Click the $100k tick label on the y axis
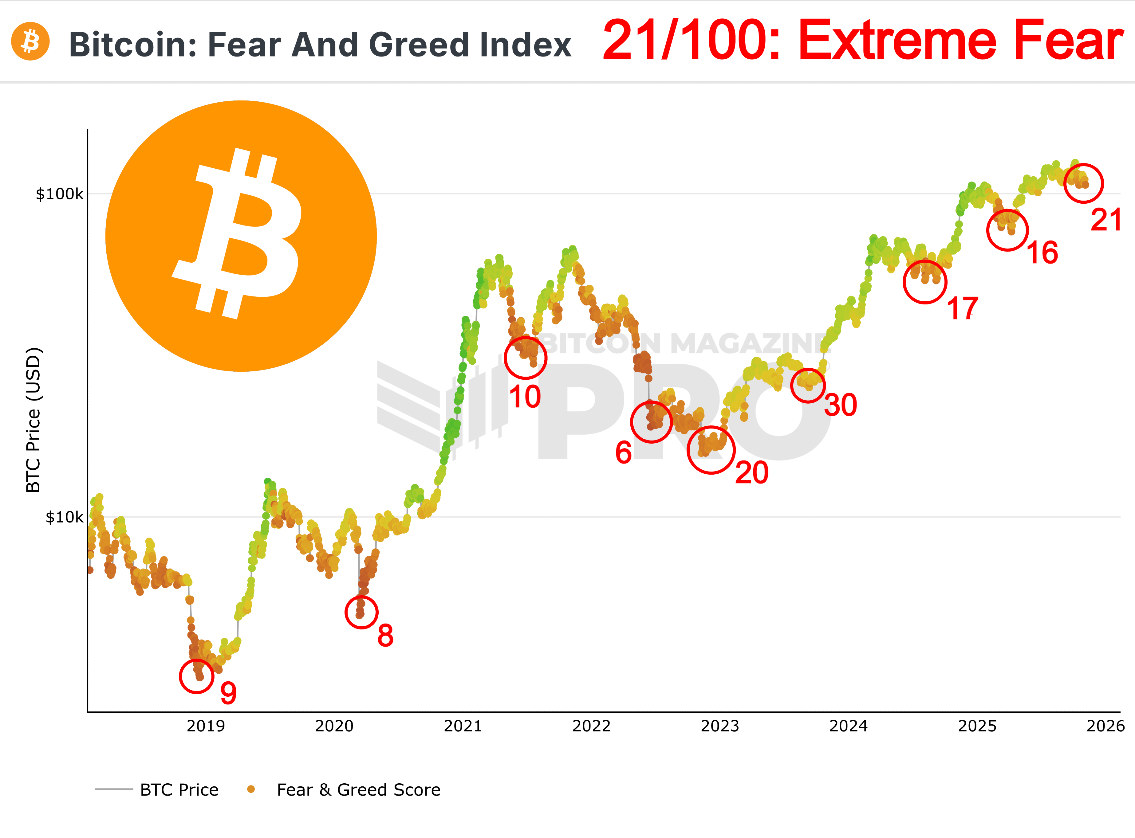coord(59,194)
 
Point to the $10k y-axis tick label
coord(64,517)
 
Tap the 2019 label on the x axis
coord(206,726)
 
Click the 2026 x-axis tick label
coord(1105,726)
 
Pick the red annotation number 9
coord(228,693)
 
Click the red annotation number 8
coord(385,635)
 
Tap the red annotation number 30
coord(840,405)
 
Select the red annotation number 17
coord(963,308)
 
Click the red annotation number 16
coord(1042,253)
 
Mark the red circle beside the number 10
coord(525,358)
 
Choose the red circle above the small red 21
coord(1083,183)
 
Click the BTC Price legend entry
coord(179,790)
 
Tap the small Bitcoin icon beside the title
coord(30,41)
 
